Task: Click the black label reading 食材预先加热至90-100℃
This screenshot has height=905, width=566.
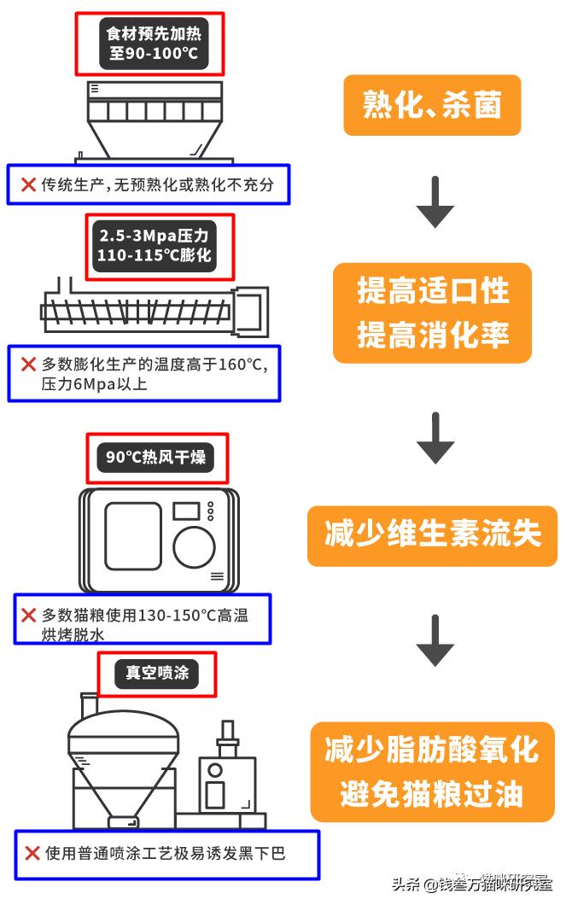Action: [x=150, y=44]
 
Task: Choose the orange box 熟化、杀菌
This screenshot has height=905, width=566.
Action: [x=432, y=106]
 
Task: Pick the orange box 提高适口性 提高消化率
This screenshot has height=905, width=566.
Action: [x=432, y=312]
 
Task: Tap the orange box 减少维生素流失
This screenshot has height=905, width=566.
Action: [x=432, y=534]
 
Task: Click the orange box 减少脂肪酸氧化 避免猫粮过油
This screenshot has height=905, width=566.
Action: [x=432, y=773]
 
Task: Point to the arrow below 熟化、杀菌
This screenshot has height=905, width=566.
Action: [x=435, y=202]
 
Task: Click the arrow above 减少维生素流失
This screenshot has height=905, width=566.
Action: [x=435, y=438]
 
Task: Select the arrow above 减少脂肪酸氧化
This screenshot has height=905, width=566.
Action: [x=435, y=640]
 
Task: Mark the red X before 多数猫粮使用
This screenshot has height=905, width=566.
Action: [x=28, y=615]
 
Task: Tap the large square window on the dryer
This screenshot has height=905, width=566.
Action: [x=132, y=535]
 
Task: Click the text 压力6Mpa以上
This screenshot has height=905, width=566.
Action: [x=94, y=384]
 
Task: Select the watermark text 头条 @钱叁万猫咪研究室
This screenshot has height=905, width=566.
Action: [x=471, y=885]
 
